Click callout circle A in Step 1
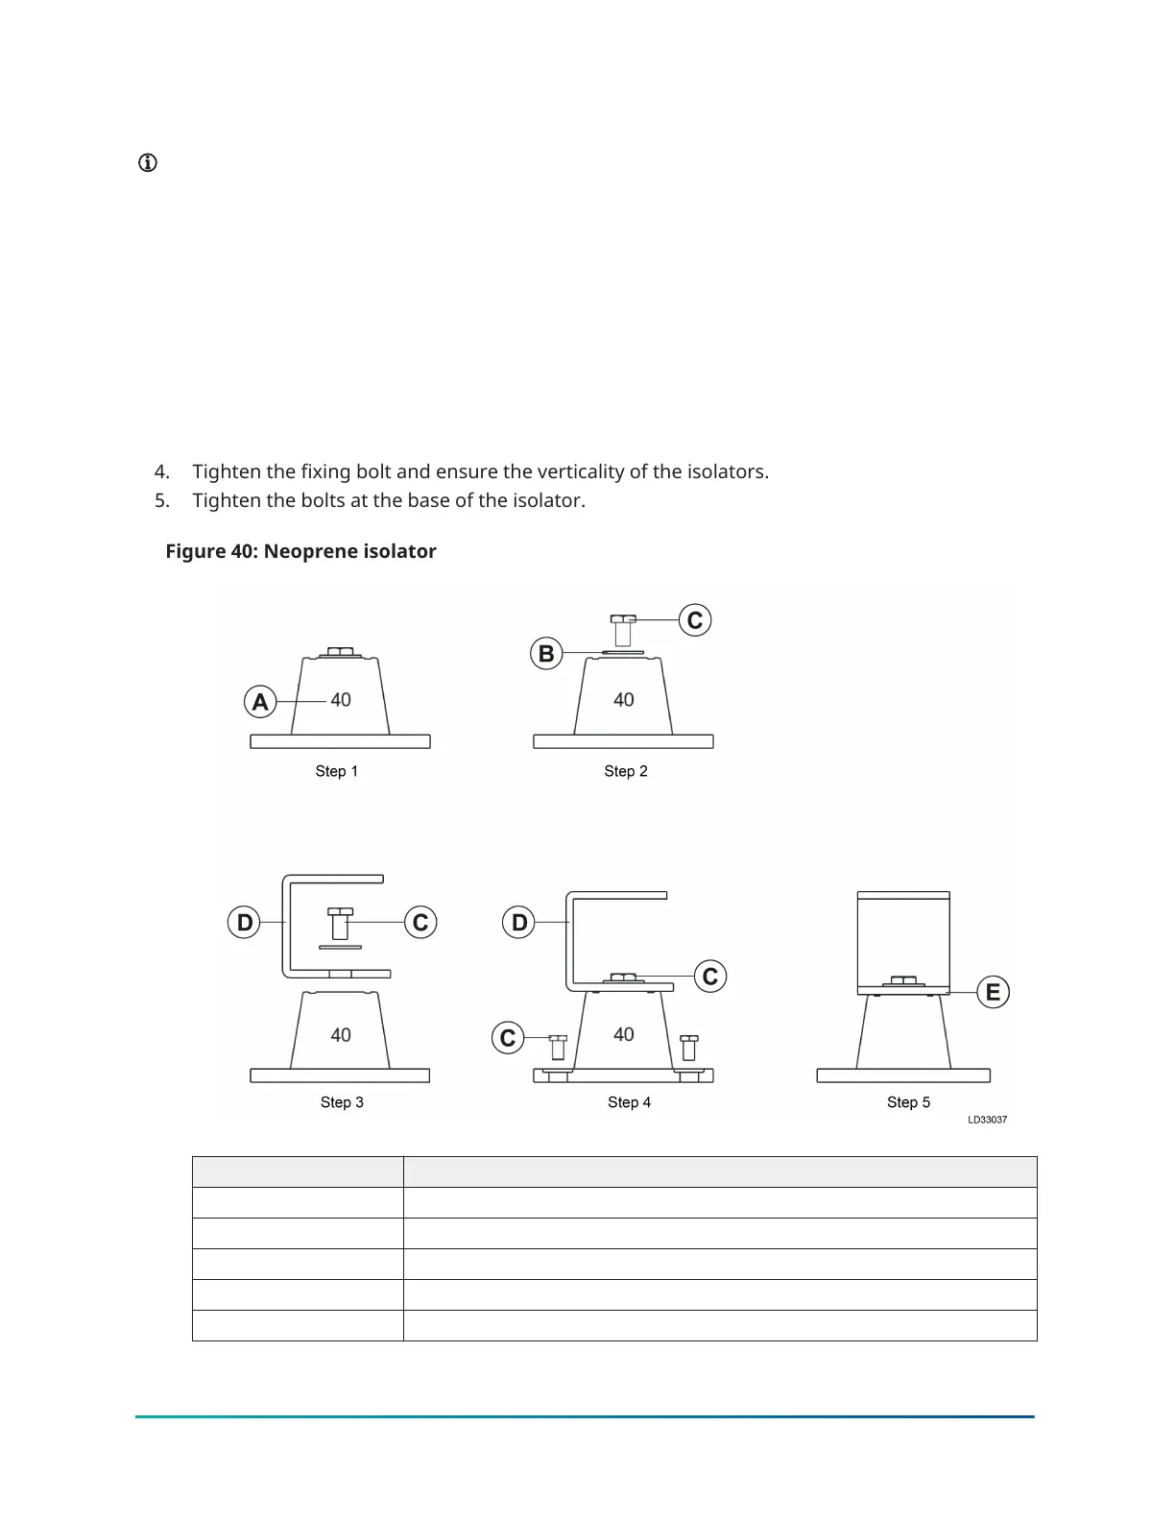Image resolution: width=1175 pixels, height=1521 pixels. coord(260,702)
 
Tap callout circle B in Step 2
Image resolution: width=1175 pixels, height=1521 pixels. coord(546,654)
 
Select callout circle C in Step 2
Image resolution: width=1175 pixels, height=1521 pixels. coord(695,620)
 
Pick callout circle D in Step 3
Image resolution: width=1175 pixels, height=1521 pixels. coord(245,923)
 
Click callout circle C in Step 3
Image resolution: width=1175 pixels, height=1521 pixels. coord(420,923)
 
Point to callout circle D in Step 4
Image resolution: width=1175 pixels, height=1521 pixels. coord(519,923)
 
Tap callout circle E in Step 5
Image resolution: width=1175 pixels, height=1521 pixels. coord(994,992)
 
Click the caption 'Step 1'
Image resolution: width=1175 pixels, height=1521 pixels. coord(336,771)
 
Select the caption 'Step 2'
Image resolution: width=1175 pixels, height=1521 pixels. coord(626,771)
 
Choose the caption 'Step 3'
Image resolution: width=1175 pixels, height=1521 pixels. coord(342,1102)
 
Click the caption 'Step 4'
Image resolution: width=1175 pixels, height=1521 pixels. coord(629,1102)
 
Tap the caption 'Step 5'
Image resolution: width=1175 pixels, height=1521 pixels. coord(908,1102)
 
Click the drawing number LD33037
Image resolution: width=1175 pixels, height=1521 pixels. coord(987,1120)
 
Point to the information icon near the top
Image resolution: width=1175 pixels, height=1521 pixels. coord(148,163)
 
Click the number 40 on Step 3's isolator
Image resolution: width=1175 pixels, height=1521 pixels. coord(341,1035)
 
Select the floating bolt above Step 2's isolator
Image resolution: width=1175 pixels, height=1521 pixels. coord(623,630)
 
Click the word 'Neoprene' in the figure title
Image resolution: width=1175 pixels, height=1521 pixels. coord(302,551)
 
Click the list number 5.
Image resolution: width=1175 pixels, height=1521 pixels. coord(161,500)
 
